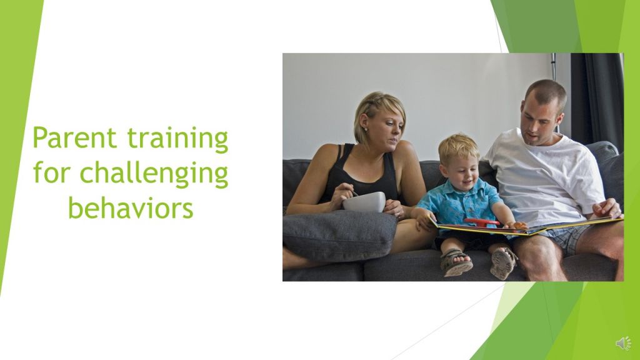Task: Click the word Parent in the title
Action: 75,137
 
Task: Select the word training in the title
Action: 177,139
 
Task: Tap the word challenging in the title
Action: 154,174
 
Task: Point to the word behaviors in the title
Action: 130,207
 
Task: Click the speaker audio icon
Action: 623,344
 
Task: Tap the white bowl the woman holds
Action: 364,202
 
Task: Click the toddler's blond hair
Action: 458,147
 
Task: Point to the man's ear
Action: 559,119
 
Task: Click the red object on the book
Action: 482,222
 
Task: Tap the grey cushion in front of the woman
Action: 339,235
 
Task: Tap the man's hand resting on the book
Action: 606,208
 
